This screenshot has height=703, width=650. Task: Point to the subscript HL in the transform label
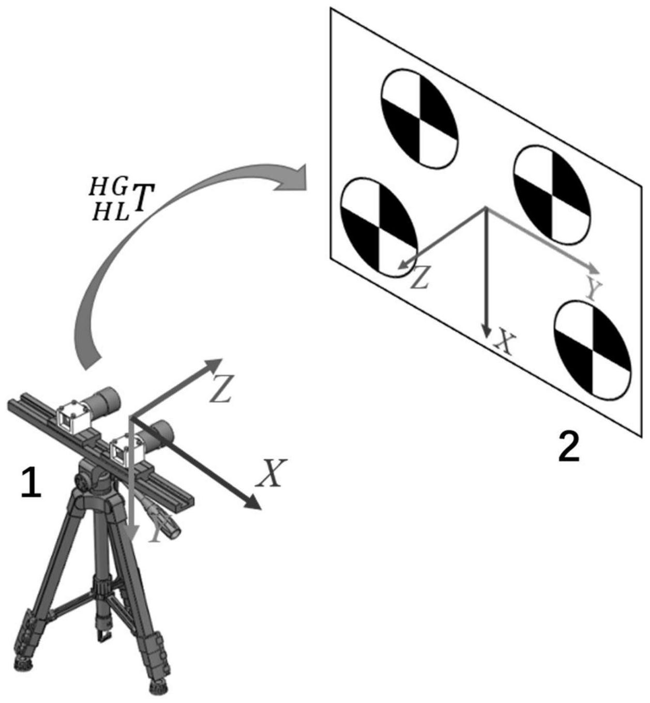tap(110, 211)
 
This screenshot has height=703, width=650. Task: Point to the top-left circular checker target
tap(419, 118)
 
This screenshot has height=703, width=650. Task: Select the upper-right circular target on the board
tap(552, 195)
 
